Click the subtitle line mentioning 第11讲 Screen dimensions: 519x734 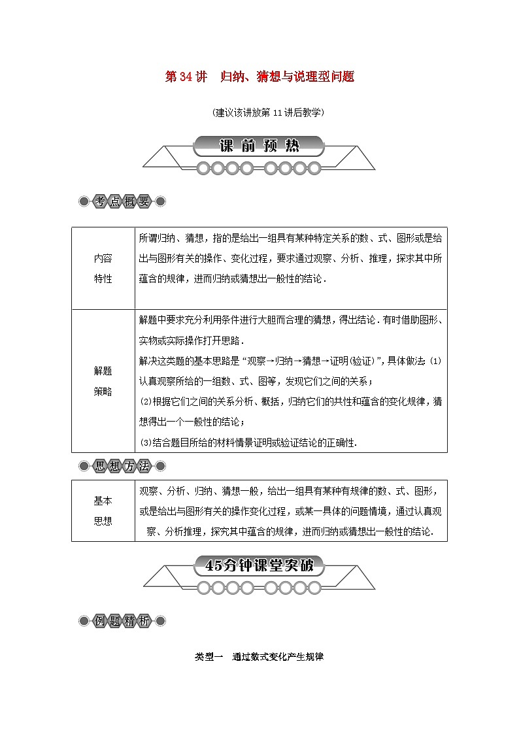pos(259,112)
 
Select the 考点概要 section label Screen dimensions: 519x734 pos(122,201)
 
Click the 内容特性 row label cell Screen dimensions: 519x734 pos(103,268)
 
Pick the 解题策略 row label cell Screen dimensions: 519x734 pos(103,380)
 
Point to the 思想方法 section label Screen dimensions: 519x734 pos(122,466)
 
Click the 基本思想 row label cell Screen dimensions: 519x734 pos(103,510)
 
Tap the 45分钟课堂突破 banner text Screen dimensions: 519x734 pos(259,566)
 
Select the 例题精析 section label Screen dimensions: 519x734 pos(122,621)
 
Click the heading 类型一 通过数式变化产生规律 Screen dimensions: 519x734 pos(259,657)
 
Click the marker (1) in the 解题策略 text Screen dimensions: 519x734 pos(437,361)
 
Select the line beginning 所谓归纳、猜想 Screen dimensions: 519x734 pos(291,239)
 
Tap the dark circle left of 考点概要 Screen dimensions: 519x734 pos(84,201)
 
